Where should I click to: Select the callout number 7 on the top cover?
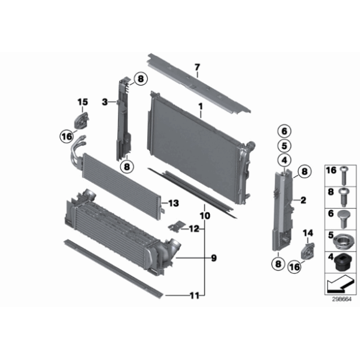tap(197, 68)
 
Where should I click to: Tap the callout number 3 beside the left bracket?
tap(106, 101)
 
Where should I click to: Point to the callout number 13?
tap(173, 203)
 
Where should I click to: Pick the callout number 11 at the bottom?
tap(194, 295)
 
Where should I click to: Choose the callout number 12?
tap(194, 229)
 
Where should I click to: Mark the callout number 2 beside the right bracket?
tap(303, 200)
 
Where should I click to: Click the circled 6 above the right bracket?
tap(284, 131)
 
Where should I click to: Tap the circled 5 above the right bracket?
tap(284, 146)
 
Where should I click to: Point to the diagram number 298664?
tap(340, 298)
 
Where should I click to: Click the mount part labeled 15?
tap(83, 119)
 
